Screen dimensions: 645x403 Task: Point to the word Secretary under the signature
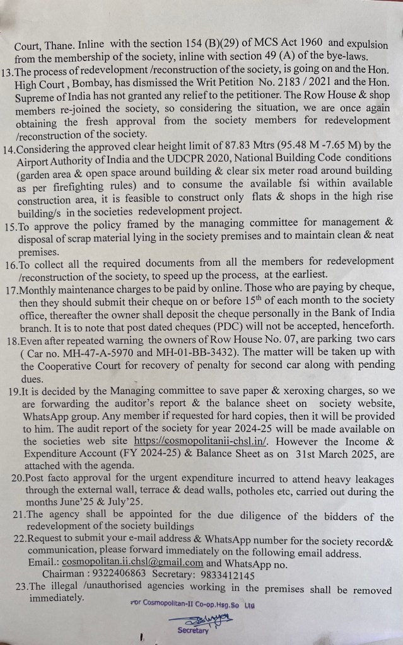[193, 630]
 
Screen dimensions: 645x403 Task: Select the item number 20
[19, 478]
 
